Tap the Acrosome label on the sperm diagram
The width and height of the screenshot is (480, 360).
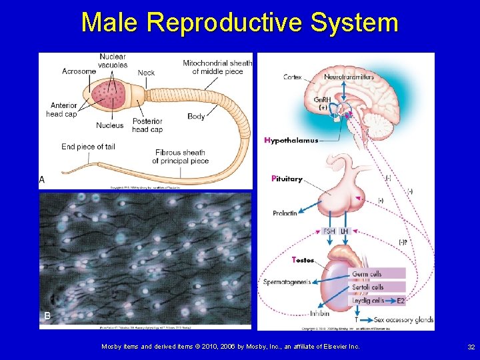click(x=79, y=71)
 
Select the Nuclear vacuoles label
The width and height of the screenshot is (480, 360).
click(x=112, y=61)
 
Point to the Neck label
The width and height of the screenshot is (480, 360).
click(x=146, y=73)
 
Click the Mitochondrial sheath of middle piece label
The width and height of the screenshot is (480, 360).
click(x=217, y=67)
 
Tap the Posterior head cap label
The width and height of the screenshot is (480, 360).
click(x=147, y=125)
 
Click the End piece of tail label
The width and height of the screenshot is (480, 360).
click(x=88, y=147)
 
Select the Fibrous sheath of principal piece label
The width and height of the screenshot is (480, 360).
click(x=180, y=157)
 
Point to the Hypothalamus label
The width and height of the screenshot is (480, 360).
click(x=291, y=141)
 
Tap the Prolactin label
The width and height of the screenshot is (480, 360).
click(x=285, y=213)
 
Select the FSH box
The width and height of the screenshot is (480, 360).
click(x=329, y=231)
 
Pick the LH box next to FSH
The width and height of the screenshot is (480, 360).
click(x=344, y=231)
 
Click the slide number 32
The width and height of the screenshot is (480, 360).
click(x=471, y=347)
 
